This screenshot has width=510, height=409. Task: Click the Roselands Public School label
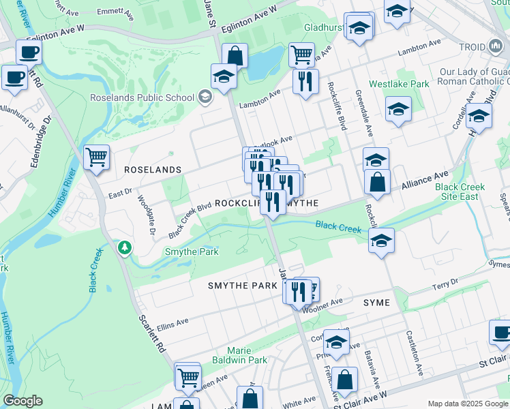click(142, 97)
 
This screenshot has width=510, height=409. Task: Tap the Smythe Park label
click(192, 252)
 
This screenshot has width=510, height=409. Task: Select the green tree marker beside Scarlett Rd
click(125, 247)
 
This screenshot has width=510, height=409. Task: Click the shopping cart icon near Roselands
click(97, 157)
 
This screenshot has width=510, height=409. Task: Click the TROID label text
click(472, 46)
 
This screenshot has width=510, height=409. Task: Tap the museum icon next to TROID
click(495, 46)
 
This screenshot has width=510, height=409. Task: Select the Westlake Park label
click(399, 84)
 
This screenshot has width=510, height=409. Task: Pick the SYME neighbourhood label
click(376, 302)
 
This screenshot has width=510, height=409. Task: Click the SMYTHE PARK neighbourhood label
click(243, 286)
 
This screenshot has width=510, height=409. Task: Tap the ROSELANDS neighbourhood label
click(153, 169)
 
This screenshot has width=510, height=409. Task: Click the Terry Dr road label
click(445, 284)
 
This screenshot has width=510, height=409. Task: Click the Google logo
click(22, 401)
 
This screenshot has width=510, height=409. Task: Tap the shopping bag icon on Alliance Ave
click(376, 182)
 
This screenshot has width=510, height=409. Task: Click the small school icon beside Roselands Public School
click(204, 97)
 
